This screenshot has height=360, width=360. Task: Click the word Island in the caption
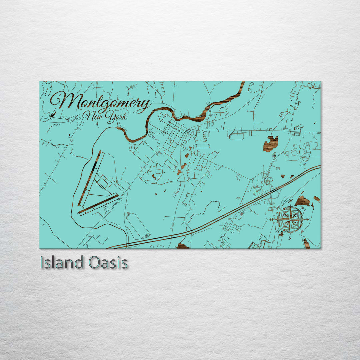point(62,263)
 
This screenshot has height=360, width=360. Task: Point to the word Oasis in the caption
point(108,263)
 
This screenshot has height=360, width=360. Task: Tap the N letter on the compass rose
point(290,201)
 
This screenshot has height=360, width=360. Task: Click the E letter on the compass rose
point(308,219)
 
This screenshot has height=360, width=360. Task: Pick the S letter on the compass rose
point(290,238)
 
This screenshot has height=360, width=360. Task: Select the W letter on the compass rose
point(272,220)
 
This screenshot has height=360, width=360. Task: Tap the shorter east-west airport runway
point(99,204)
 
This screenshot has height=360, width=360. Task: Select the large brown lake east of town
point(271,144)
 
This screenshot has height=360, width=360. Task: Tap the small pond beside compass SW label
point(281,234)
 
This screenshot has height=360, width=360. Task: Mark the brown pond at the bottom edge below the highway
point(182,246)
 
